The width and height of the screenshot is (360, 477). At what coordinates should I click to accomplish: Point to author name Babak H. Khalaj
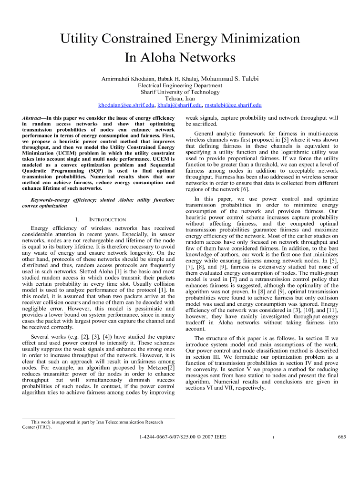179,78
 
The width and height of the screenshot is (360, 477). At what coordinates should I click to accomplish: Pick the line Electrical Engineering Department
180,85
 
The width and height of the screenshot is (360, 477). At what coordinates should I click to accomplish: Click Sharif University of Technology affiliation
180,92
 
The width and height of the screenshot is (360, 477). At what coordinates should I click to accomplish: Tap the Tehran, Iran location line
180,98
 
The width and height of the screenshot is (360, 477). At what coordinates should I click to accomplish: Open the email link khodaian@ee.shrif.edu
126,105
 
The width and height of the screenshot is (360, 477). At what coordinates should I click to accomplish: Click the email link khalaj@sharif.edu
179,105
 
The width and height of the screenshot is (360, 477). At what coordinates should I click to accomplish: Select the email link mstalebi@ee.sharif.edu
233,105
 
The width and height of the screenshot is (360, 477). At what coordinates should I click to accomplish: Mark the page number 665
341,436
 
